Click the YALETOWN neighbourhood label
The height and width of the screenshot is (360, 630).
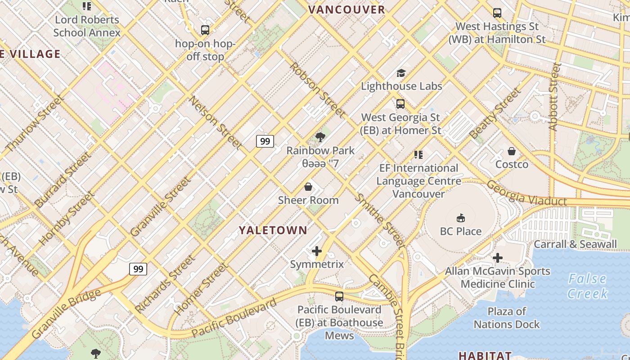coord(273,230)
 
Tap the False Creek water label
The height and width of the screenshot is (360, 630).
coord(587,286)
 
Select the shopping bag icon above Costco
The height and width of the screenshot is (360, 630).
coord(512,151)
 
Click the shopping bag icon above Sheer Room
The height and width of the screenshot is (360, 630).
coord(308,186)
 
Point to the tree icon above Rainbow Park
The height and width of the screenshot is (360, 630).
coord(320,137)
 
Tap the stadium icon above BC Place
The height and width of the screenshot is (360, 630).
coord(460,218)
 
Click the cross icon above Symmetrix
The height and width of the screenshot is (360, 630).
coord(317,251)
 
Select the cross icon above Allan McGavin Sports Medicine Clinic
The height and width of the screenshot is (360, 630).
coord(497,258)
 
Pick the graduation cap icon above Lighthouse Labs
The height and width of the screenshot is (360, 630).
coord(401,73)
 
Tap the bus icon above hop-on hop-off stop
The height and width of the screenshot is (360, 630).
coord(205,31)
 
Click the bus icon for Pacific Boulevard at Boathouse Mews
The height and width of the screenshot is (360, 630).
coord(339,297)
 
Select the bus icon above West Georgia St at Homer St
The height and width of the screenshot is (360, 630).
coord(400,104)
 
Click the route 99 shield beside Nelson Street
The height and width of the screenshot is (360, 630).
coord(265,141)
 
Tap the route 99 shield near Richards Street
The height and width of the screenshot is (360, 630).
coord(138,269)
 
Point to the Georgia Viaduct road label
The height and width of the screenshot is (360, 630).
coord(526,194)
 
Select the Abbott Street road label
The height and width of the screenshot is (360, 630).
coord(555,97)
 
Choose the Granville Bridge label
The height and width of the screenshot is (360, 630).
coord(66,314)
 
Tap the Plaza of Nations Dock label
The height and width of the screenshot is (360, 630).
coord(507,318)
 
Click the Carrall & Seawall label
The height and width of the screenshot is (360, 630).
coord(575,244)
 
